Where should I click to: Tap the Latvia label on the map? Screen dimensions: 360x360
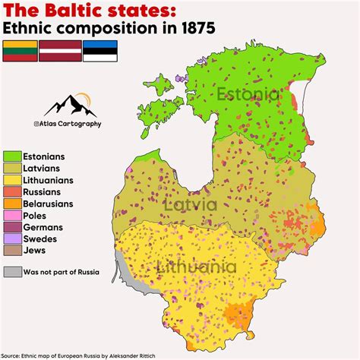pyautogui.click(x=191, y=205)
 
